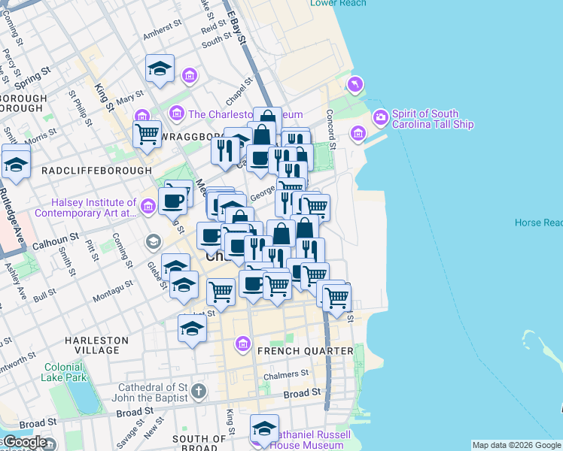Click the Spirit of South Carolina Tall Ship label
(x=432, y=119)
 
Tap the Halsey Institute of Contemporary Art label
(x=94, y=208)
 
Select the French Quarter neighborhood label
(x=305, y=351)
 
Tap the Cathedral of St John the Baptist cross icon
(x=198, y=390)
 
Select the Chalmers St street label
(x=286, y=374)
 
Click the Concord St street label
(x=329, y=124)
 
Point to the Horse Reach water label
(x=538, y=223)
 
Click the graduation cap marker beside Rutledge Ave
(x=16, y=165)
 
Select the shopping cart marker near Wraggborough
(x=147, y=135)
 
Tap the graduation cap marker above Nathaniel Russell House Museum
(x=264, y=428)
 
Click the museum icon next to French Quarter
(x=243, y=344)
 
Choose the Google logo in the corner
(x=24, y=442)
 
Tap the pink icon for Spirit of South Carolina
(x=380, y=117)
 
